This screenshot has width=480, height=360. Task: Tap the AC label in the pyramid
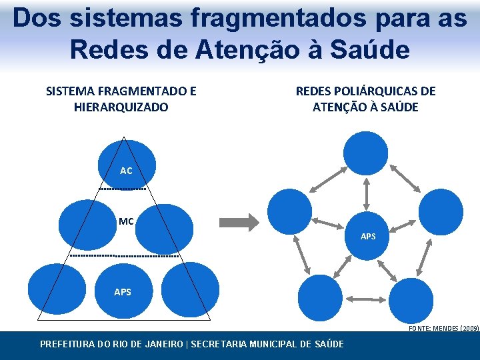[x=126, y=171]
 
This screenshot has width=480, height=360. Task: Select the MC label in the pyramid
[x=126, y=221]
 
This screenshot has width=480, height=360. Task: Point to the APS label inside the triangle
[x=123, y=292]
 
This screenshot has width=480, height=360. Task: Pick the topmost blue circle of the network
[x=365, y=152]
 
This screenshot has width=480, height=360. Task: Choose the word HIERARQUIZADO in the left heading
[x=121, y=107]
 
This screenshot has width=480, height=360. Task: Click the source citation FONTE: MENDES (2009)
[x=443, y=329]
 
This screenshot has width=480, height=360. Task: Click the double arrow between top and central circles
[x=366, y=193]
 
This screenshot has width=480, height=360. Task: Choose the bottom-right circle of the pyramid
[x=190, y=289]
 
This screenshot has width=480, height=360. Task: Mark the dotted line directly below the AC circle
[x=122, y=189]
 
